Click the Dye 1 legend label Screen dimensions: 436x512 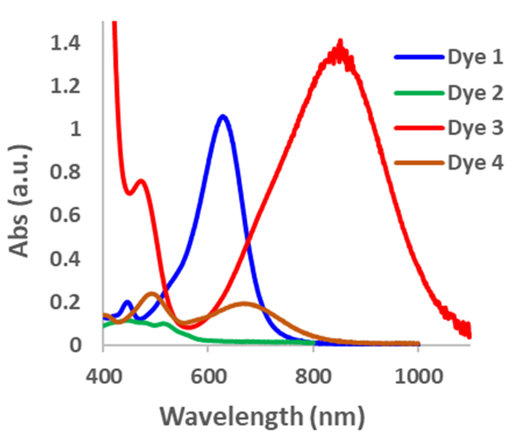pyautogui.click(x=475, y=57)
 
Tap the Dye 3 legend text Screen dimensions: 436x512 pyautogui.click(x=475, y=128)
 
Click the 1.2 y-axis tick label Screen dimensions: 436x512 pyautogui.click(x=65, y=86)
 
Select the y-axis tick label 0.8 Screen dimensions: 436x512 pyautogui.click(x=65, y=172)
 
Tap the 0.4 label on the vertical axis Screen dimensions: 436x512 pyautogui.click(x=65, y=259)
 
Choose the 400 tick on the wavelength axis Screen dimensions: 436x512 pyautogui.click(x=103, y=376)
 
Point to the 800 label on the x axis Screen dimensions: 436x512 pyautogui.click(x=313, y=376)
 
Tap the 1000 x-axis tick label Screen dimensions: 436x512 pyautogui.click(x=418, y=376)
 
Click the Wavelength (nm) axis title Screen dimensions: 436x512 pyautogui.click(x=261, y=417)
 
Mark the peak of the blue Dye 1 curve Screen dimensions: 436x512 pyautogui.click(x=223, y=116)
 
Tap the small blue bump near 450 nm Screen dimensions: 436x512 pyautogui.click(x=127, y=302)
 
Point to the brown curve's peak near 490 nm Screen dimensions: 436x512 pyautogui.click(x=151, y=293)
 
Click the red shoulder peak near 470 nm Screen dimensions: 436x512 pyautogui.click(x=141, y=181)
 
